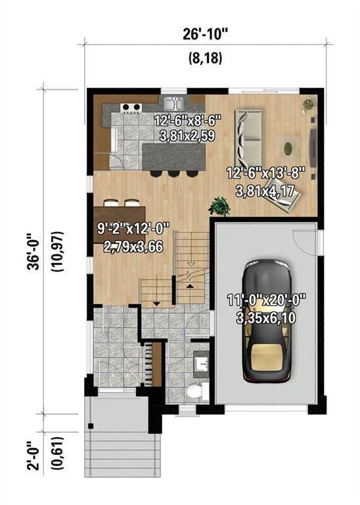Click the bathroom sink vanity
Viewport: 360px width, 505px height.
(x=200, y=363)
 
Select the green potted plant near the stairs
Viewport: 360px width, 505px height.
(x=219, y=206)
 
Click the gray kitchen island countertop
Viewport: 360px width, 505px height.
(x=172, y=156)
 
